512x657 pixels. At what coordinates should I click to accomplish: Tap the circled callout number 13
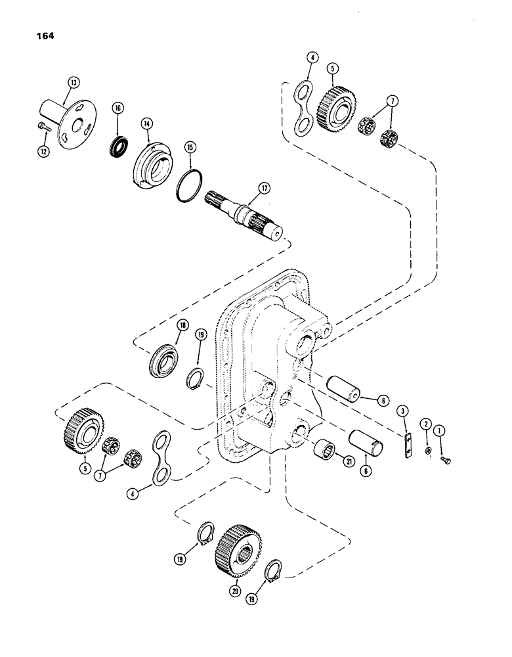72,82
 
